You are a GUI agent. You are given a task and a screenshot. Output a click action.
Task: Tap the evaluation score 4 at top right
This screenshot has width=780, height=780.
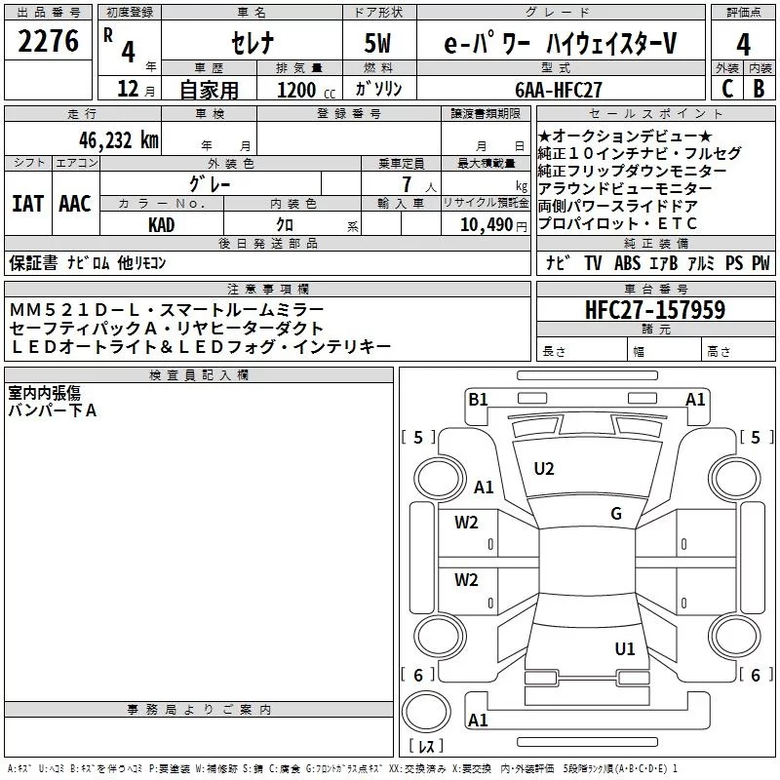pyautogui.click(x=743, y=45)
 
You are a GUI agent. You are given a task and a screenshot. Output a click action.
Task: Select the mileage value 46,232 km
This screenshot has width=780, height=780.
pyautogui.click(x=111, y=139)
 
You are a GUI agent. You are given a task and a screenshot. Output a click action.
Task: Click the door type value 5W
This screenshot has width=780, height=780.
pyautogui.click(x=378, y=45)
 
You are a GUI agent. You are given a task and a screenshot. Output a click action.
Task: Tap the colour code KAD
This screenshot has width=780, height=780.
pyautogui.click(x=161, y=224)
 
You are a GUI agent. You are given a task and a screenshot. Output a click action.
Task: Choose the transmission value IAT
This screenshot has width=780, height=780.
pyautogui.click(x=27, y=204)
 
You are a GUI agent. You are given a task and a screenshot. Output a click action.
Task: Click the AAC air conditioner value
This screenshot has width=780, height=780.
pyautogui.click(x=75, y=204)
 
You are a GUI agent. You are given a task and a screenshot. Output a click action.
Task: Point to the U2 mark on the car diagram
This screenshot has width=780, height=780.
pyautogui.click(x=544, y=469)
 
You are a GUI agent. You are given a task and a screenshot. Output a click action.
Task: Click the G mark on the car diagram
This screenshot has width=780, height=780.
pyautogui.click(x=616, y=514)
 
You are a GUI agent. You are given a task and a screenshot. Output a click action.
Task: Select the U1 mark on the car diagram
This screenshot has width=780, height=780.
pyautogui.click(x=625, y=648)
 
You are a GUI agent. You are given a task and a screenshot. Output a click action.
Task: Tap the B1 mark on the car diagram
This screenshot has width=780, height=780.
pyautogui.click(x=478, y=399)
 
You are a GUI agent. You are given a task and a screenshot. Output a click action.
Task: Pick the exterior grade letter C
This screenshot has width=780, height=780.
pyautogui.click(x=726, y=90)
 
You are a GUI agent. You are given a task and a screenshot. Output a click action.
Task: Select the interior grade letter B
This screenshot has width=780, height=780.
pyautogui.click(x=760, y=90)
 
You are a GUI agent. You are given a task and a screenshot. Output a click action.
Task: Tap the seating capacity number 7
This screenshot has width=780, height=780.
pyautogui.click(x=404, y=183)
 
